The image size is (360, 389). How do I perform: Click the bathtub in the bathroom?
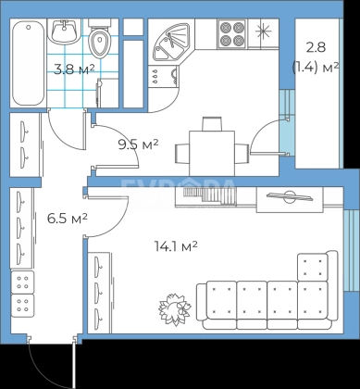(28, 63)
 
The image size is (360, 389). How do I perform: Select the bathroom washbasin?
(64, 31)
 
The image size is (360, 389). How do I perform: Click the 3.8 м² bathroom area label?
(74, 70)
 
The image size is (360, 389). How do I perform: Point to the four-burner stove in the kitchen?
(231, 34)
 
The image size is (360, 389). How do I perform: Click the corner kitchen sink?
(169, 43)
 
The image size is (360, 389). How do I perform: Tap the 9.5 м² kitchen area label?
(139, 144)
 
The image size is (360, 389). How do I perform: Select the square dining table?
(212, 154)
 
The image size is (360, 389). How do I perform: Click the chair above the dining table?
(212, 124)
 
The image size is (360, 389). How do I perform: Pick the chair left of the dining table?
(182, 154)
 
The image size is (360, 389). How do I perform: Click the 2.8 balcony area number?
(316, 48)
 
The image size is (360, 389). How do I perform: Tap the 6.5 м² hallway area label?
(68, 219)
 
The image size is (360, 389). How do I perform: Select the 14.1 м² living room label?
(176, 246)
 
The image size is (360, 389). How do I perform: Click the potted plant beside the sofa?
(174, 307)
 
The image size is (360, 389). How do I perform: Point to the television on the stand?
(290, 196)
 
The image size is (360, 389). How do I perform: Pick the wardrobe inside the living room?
(99, 293)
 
